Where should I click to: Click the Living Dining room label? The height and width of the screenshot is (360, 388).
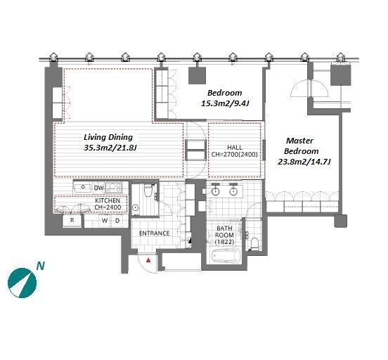tap(108, 137)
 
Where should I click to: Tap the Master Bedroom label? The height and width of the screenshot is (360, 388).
tap(301, 146)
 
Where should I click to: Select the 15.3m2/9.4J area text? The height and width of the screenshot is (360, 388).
tap(225, 103)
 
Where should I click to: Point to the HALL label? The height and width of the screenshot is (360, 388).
tap(235, 148)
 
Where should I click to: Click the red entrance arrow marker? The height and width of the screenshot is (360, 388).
tap(148, 260)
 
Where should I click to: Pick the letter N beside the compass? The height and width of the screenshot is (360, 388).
tap(41, 266)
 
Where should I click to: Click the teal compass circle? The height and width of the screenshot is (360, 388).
tap(22, 283)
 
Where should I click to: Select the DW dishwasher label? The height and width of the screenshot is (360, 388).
tap(98, 188)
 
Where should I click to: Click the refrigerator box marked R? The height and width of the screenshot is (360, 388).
tap(72, 221)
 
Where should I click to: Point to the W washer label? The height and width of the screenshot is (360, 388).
tap(105, 220)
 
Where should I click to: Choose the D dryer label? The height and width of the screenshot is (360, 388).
tap(117, 220)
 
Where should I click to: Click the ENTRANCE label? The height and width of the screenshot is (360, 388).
tap(155, 233)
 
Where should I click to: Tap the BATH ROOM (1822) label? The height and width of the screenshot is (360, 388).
tap(224, 235)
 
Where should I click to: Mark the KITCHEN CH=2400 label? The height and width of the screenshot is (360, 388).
tap(108, 204)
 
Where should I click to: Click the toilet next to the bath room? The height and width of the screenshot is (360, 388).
tap(254, 243)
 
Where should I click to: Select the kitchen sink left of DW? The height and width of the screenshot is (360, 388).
tap(83, 188)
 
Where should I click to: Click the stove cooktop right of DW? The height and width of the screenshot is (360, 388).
tap(114, 188)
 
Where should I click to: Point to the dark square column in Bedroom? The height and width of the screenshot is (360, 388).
tap(197, 76)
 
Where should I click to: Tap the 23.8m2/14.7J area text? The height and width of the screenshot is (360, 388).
tap(304, 162)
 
